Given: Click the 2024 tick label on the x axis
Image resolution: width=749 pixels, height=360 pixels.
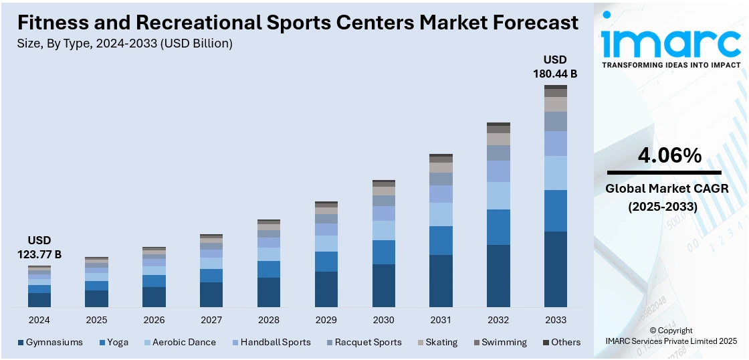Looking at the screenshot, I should pos(39,320).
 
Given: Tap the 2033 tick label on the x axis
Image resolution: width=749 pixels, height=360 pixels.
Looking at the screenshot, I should pos(556,320).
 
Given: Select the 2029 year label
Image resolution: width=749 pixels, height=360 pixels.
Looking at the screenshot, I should pos(326,320).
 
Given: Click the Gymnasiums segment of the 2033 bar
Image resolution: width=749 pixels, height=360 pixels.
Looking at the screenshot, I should pos(556,269).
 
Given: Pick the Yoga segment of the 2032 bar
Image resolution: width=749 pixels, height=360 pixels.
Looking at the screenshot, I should pos(498,227).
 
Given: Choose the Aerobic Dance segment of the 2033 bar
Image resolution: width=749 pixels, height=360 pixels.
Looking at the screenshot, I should pos(556,173).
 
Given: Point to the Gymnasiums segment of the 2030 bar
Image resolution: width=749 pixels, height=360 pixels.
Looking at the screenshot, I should pos(384,286).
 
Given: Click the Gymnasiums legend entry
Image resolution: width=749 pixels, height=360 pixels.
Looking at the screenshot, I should pos(50,342).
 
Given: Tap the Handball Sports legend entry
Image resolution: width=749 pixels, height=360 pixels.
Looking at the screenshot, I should pos(271,342).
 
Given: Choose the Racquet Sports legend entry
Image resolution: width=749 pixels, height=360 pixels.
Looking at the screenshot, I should pos(364,342).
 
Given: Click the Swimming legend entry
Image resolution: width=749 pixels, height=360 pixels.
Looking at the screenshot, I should pos(500,342).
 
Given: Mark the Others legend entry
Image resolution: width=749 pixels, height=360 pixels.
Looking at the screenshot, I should pos(562,342).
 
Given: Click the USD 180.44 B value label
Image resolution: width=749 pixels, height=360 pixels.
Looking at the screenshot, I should pos(554,66).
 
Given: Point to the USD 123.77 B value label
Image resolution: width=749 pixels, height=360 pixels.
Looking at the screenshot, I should pos(39,247).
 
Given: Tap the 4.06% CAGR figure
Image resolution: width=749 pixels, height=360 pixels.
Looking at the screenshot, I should pos(670,156).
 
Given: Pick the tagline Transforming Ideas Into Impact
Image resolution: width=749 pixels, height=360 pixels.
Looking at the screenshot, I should pos(671,65).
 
